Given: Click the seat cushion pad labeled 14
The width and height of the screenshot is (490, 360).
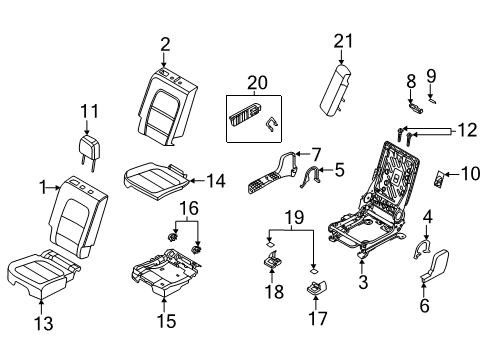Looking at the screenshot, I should coord(154,179).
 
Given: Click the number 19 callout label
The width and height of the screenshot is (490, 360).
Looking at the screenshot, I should coord(292,215).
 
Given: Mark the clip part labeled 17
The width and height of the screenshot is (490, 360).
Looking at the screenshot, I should coord(315,289).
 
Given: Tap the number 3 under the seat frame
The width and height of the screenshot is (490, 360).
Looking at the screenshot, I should coord(363,283).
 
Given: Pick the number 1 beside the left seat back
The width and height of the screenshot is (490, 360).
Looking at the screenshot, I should coord(41,186).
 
